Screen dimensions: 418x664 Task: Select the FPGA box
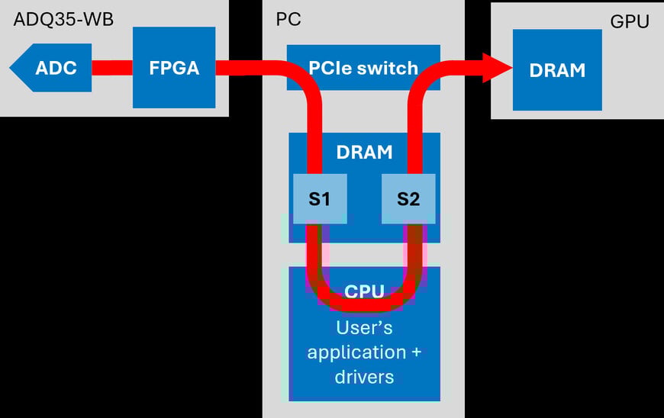click(x=174, y=68)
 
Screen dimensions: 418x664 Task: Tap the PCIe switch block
click(x=363, y=68)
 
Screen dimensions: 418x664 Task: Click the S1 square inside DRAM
click(x=319, y=200)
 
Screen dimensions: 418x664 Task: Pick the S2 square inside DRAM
click(x=408, y=200)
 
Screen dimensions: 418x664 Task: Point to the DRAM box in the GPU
click(x=557, y=70)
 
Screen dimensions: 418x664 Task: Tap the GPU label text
click(x=629, y=21)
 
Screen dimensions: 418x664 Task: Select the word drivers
click(x=364, y=376)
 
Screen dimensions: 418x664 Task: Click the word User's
click(x=364, y=328)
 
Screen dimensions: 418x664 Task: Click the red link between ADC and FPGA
click(x=112, y=68)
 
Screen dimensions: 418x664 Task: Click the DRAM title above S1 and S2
click(x=364, y=152)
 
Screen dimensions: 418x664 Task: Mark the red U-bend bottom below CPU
click(x=364, y=305)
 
